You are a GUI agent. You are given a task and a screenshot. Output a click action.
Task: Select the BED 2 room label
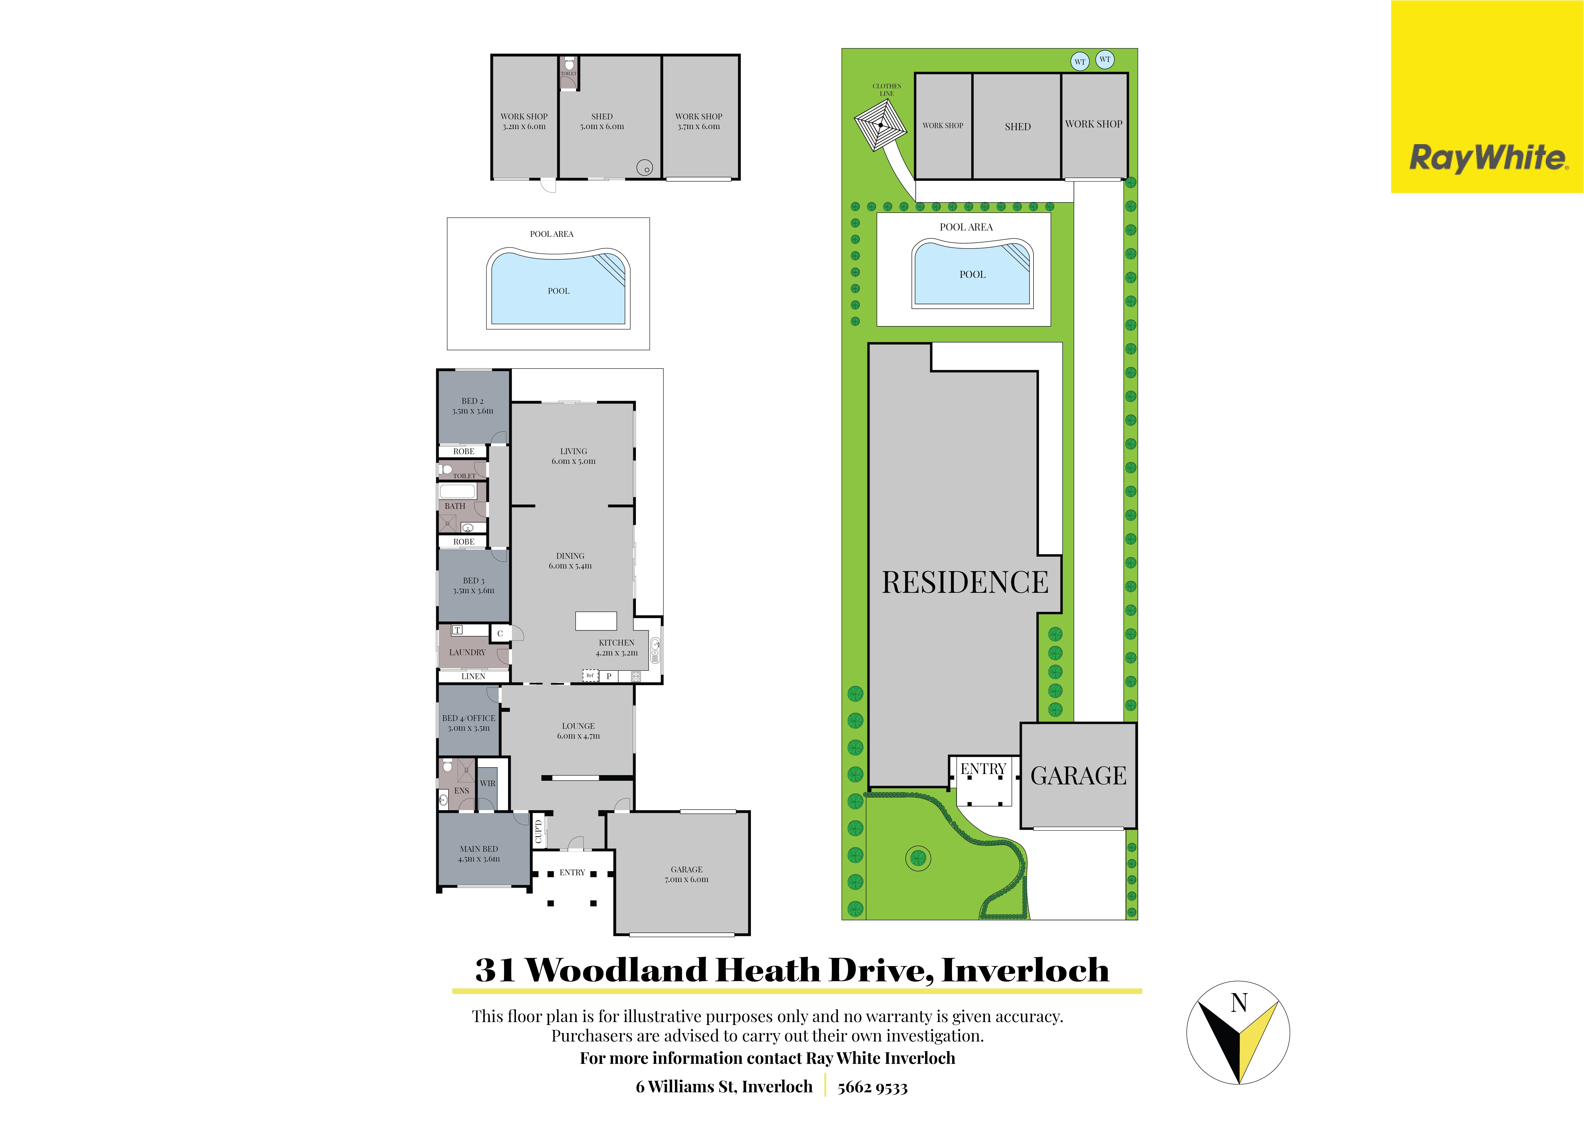pos(472,406)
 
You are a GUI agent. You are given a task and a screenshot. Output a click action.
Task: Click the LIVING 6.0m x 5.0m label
pos(573,456)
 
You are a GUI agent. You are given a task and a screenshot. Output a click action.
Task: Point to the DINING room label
pos(570,560)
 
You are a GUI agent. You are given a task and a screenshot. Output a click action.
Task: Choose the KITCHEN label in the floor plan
pos(617,647)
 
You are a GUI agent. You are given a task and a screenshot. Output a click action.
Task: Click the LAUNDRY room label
pos(467,652)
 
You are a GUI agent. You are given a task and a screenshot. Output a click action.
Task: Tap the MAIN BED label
pos(479,854)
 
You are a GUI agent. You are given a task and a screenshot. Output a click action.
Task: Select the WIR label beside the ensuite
pos(488,783)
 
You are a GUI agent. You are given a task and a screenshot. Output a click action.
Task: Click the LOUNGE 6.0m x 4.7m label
pos(578,731)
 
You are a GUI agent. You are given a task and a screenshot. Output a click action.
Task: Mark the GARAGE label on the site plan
pos(1078,776)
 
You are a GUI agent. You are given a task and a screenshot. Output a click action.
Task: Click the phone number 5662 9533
pos(873,1088)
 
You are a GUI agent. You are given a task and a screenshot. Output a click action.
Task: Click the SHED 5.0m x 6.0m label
pos(602,122)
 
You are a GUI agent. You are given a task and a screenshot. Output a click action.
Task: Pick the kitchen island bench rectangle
pos(596,621)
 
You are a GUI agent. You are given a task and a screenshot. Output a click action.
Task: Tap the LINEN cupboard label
pos(473,676)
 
